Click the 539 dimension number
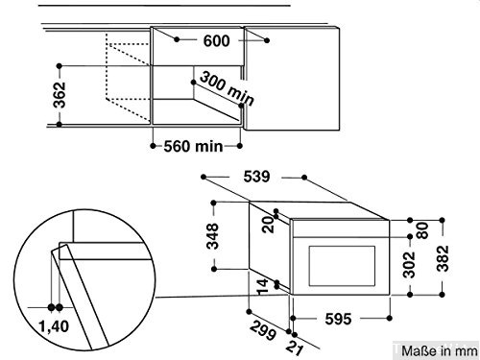coord(256,176)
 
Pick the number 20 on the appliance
coord(268,223)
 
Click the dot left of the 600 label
coord(178,41)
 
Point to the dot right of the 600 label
coord(266,41)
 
